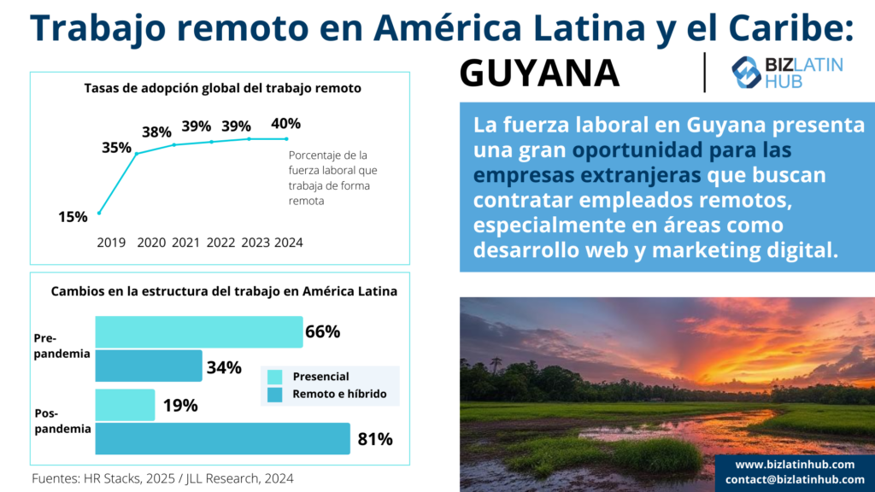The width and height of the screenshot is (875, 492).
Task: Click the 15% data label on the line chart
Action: [x=73, y=217]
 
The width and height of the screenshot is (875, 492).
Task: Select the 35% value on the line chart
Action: [x=116, y=148]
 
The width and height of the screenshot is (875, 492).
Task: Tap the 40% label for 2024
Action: [x=285, y=124]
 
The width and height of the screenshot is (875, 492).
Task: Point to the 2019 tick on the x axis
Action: [x=111, y=243]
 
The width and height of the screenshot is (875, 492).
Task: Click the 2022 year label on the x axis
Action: [x=220, y=243]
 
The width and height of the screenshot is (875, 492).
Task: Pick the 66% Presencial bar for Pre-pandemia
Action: [x=198, y=331]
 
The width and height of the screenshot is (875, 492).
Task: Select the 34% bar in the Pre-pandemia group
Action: [x=149, y=366]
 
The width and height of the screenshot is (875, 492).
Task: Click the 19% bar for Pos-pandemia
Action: [x=125, y=405]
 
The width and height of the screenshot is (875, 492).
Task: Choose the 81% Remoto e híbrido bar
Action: [x=222, y=439]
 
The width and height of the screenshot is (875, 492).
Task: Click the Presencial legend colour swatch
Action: [x=274, y=377]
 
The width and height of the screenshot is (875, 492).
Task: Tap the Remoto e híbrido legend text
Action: [x=339, y=394]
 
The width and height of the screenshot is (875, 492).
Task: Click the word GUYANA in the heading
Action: [x=539, y=74]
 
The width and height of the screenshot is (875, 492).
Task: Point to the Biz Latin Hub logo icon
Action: [x=746, y=72]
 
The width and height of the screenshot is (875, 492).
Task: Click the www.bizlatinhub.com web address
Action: [x=795, y=464]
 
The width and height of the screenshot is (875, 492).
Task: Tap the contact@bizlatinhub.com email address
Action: [x=795, y=479]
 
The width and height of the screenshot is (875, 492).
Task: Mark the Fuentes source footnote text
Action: [x=162, y=478]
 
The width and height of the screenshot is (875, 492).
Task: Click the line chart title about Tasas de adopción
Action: [x=222, y=88]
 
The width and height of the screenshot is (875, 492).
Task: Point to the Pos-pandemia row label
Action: [x=62, y=422]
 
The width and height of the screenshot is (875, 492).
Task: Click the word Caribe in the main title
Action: [x=785, y=28]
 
